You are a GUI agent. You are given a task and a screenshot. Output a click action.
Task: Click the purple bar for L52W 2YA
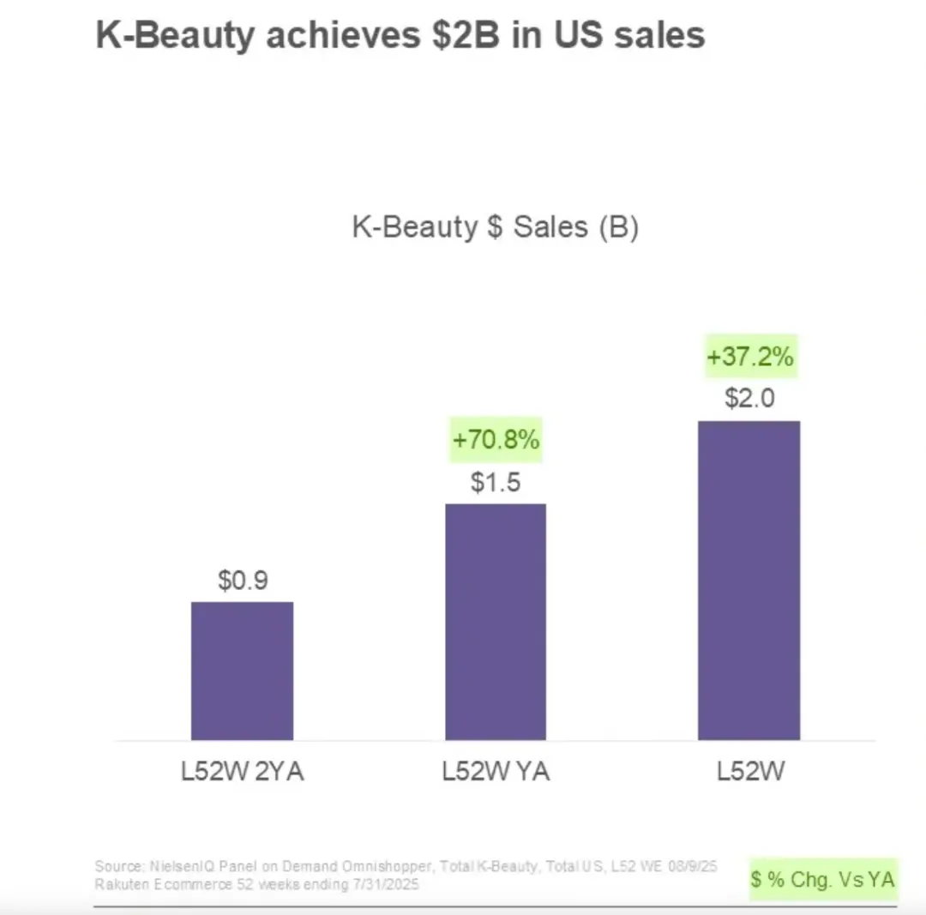(x=242, y=671)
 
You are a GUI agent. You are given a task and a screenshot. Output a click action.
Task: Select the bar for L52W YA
(x=496, y=622)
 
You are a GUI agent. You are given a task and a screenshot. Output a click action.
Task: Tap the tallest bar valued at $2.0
(x=749, y=581)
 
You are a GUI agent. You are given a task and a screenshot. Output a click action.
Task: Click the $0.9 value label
(x=243, y=581)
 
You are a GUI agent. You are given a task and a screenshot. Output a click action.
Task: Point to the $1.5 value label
(x=496, y=483)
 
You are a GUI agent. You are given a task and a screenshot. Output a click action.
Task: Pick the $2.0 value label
(x=749, y=400)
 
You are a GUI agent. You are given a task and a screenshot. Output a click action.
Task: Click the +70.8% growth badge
(x=496, y=441)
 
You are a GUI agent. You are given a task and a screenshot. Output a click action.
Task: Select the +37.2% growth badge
(x=750, y=357)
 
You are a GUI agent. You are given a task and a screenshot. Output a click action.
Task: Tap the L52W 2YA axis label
(x=243, y=772)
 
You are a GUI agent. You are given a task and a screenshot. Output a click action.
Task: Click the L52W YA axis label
(x=496, y=772)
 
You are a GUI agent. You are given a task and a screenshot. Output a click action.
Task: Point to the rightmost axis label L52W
(x=751, y=772)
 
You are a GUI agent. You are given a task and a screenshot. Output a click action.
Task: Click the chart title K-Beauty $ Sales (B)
(x=495, y=227)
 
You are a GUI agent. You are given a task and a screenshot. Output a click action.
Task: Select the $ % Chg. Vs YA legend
(x=822, y=879)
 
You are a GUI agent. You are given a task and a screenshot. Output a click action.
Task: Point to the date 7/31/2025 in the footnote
(x=388, y=885)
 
